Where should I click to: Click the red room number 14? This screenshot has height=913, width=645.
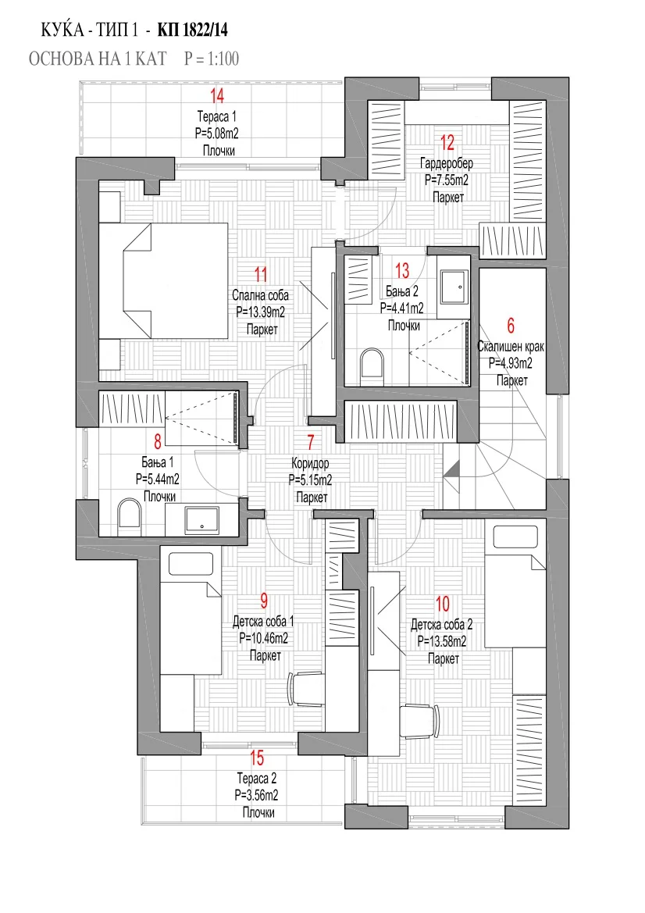217,96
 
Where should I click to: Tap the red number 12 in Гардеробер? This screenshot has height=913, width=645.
447,143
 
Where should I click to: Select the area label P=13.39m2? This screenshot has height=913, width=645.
261,312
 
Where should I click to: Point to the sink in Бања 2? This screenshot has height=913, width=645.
454,287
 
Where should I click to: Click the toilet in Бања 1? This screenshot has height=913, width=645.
130,519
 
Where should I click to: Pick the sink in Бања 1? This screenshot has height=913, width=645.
202,520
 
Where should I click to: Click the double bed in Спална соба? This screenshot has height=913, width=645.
163,281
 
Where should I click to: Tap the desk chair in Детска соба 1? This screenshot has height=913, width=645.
305,688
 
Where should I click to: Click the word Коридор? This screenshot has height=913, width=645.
310,464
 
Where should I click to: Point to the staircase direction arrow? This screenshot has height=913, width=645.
451,470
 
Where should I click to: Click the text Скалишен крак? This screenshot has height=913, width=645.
511,347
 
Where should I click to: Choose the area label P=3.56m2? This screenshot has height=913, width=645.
256,795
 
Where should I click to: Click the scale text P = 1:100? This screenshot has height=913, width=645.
212,59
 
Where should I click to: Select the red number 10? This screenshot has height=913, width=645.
443,605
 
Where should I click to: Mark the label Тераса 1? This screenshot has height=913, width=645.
216,117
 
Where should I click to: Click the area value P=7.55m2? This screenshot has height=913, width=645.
447,180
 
